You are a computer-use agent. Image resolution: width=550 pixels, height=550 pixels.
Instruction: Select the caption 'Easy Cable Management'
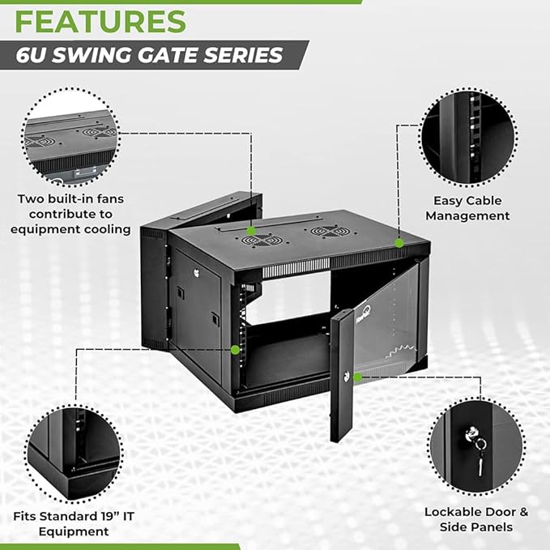[467, 208]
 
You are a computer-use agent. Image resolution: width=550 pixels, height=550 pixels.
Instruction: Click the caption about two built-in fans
[70, 214]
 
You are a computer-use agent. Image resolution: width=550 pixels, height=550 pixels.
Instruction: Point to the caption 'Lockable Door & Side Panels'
[476, 518]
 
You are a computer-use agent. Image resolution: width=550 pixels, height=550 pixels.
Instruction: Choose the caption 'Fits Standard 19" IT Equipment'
[72, 523]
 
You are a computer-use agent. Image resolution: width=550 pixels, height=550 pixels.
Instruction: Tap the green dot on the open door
[356, 377]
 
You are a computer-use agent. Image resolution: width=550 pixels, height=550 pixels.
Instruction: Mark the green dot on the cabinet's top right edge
[399, 242]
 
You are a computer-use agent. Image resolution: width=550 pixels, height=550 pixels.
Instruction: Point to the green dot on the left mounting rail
[235, 349]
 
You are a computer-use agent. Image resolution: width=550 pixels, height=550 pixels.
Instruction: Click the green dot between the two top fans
[252, 231]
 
